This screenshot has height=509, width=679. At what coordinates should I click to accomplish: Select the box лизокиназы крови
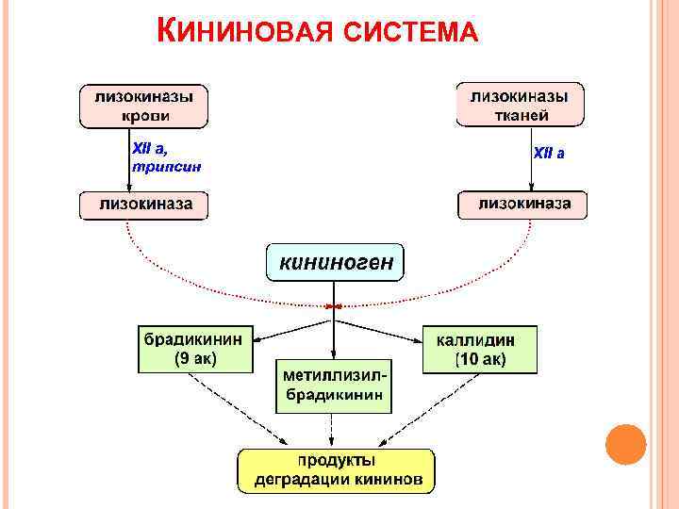[143, 106]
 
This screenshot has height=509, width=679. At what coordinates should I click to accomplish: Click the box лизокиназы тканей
[520, 106]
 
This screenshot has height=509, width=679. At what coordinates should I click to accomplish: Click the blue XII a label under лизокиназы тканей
[549, 152]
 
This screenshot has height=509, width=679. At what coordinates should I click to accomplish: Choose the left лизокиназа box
[143, 205]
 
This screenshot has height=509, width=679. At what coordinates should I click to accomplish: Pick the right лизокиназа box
[522, 205]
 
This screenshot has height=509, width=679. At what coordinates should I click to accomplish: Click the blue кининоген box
[335, 262]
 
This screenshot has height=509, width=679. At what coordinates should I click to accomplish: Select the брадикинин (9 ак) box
[197, 349]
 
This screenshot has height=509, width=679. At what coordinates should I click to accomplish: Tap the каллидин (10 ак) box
[480, 349]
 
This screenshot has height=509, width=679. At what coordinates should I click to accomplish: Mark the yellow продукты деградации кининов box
[337, 469]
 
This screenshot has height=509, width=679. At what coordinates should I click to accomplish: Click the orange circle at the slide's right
[624, 444]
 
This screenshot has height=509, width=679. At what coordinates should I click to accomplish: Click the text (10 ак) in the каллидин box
[480, 360]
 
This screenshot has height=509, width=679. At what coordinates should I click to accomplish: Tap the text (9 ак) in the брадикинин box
[197, 360]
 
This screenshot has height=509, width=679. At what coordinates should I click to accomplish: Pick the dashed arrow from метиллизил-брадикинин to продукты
[332, 431]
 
